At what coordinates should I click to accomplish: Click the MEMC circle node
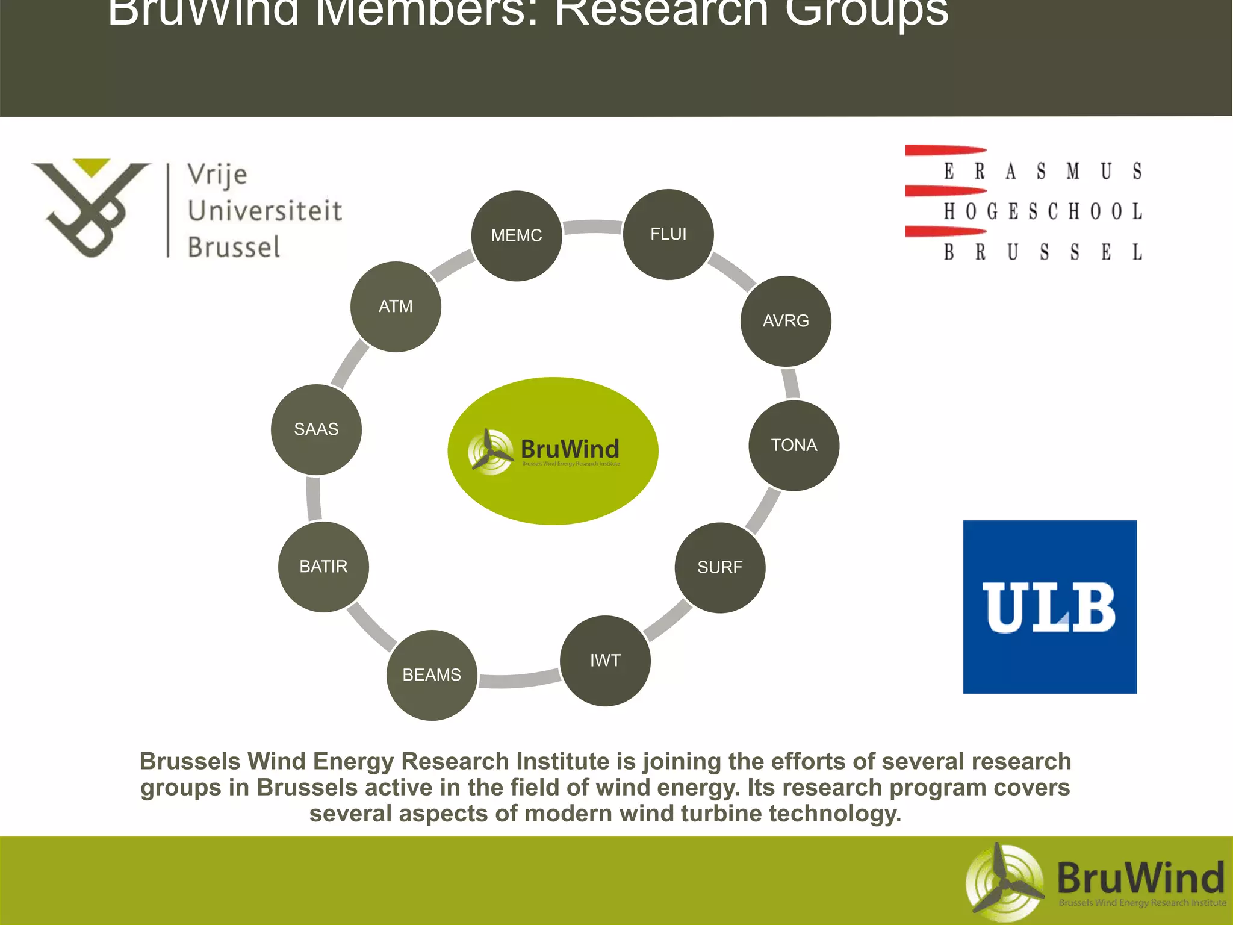(517, 235)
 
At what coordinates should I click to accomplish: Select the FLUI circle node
(668, 234)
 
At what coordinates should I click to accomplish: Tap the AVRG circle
(786, 321)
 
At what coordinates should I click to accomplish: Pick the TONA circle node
(794, 446)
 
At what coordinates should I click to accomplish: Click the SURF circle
(719, 567)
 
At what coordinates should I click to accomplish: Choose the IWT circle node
(605, 661)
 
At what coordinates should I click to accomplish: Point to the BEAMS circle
(432, 675)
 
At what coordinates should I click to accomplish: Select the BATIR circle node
(323, 567)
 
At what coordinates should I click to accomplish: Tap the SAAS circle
(316, 429)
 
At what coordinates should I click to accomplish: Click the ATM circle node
(396, 307)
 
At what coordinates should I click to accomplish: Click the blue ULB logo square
(1049, 606)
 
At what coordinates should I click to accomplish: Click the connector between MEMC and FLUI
(592, 227)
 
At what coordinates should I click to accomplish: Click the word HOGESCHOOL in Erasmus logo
(1043, 211)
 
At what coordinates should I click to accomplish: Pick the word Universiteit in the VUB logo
(264, 211)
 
